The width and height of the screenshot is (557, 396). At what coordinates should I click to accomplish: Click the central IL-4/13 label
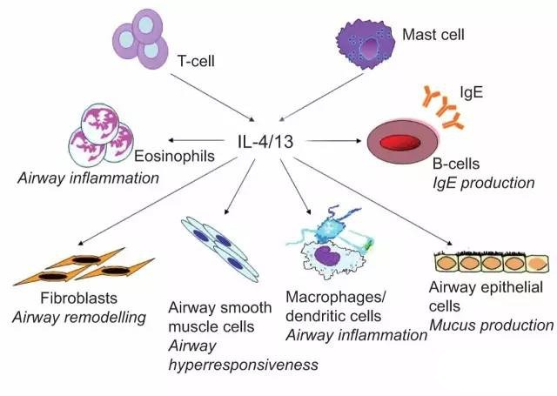265,141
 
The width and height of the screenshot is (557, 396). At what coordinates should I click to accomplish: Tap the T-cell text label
196,61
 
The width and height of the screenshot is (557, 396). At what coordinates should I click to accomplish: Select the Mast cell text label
433,35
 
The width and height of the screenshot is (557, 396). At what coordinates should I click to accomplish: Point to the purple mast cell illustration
366,44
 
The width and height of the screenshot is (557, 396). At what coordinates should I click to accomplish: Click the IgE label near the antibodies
472,92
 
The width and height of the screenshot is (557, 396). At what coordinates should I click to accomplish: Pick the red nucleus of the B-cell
400,143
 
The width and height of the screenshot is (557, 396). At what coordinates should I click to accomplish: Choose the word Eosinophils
174,156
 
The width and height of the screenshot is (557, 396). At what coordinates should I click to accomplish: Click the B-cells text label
456,164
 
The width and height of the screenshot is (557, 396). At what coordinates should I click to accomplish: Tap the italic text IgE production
484,183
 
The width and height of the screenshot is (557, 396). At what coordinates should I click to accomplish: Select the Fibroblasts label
78,298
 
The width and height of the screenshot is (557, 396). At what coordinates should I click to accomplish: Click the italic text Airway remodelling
79,317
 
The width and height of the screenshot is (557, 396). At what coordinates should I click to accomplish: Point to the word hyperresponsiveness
244,365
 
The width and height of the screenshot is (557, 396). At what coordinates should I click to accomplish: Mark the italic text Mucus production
491,325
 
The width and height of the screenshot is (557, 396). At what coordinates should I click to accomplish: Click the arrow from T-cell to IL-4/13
212,97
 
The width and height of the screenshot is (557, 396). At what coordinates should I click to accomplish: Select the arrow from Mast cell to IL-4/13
321,97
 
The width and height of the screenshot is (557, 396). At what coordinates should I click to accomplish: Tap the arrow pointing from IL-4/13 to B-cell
333,141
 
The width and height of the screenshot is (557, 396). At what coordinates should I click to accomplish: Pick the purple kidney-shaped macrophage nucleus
326,255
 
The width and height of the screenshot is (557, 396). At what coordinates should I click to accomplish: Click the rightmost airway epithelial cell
536,264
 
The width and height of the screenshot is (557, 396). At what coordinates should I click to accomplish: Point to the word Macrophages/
335,298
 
